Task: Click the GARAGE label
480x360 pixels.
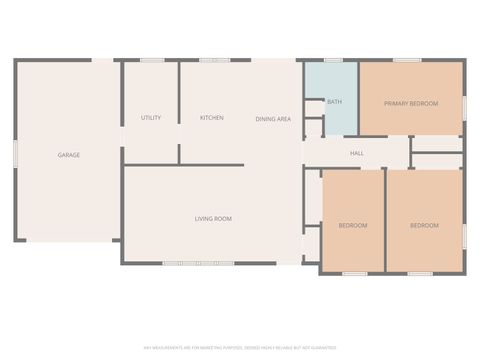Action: coord(69,155)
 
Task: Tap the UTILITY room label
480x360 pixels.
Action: coord(151,118)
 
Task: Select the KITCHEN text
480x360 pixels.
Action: coord(212,118)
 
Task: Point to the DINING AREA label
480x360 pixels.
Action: coord(273,119)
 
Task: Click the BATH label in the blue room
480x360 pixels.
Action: coord(334,101)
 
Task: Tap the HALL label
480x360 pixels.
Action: coord(356,153)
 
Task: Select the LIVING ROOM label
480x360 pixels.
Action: coord(213,218)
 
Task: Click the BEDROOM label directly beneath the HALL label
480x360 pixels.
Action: coord(352,225)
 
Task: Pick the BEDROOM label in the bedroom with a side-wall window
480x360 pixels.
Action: coord(424,225)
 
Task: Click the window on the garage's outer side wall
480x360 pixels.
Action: coord(15,155)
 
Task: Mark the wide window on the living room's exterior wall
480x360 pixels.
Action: coord(201,263)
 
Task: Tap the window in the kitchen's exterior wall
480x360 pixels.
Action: coord(214,60)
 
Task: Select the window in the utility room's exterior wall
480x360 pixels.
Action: coord(152,60)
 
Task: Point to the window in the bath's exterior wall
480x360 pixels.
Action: coord(332,60)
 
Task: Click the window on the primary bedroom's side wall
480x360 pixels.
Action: coord(465,105)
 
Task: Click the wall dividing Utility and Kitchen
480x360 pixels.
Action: coord(179,110)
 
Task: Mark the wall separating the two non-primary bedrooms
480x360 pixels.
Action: coord(386,220)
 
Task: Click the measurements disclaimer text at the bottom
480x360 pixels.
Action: coord(240,348)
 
